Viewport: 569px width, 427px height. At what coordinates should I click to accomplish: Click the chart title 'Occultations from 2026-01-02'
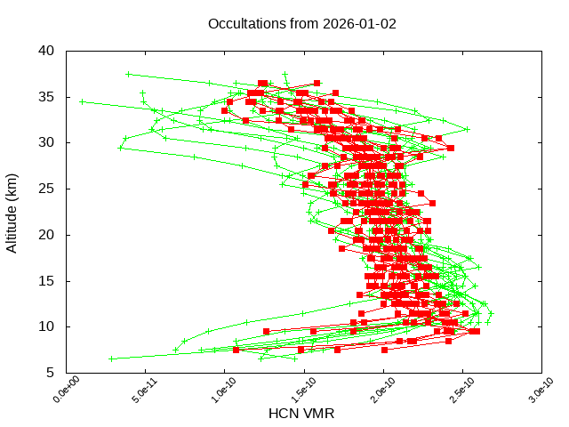(x=302, y=23)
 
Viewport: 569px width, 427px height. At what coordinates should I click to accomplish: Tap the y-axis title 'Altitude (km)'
(x=12, y=212)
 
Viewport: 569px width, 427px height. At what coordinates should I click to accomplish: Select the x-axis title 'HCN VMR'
(x=302, y=414)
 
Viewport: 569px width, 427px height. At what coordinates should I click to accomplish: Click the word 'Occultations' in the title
(x=244, y=23)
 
